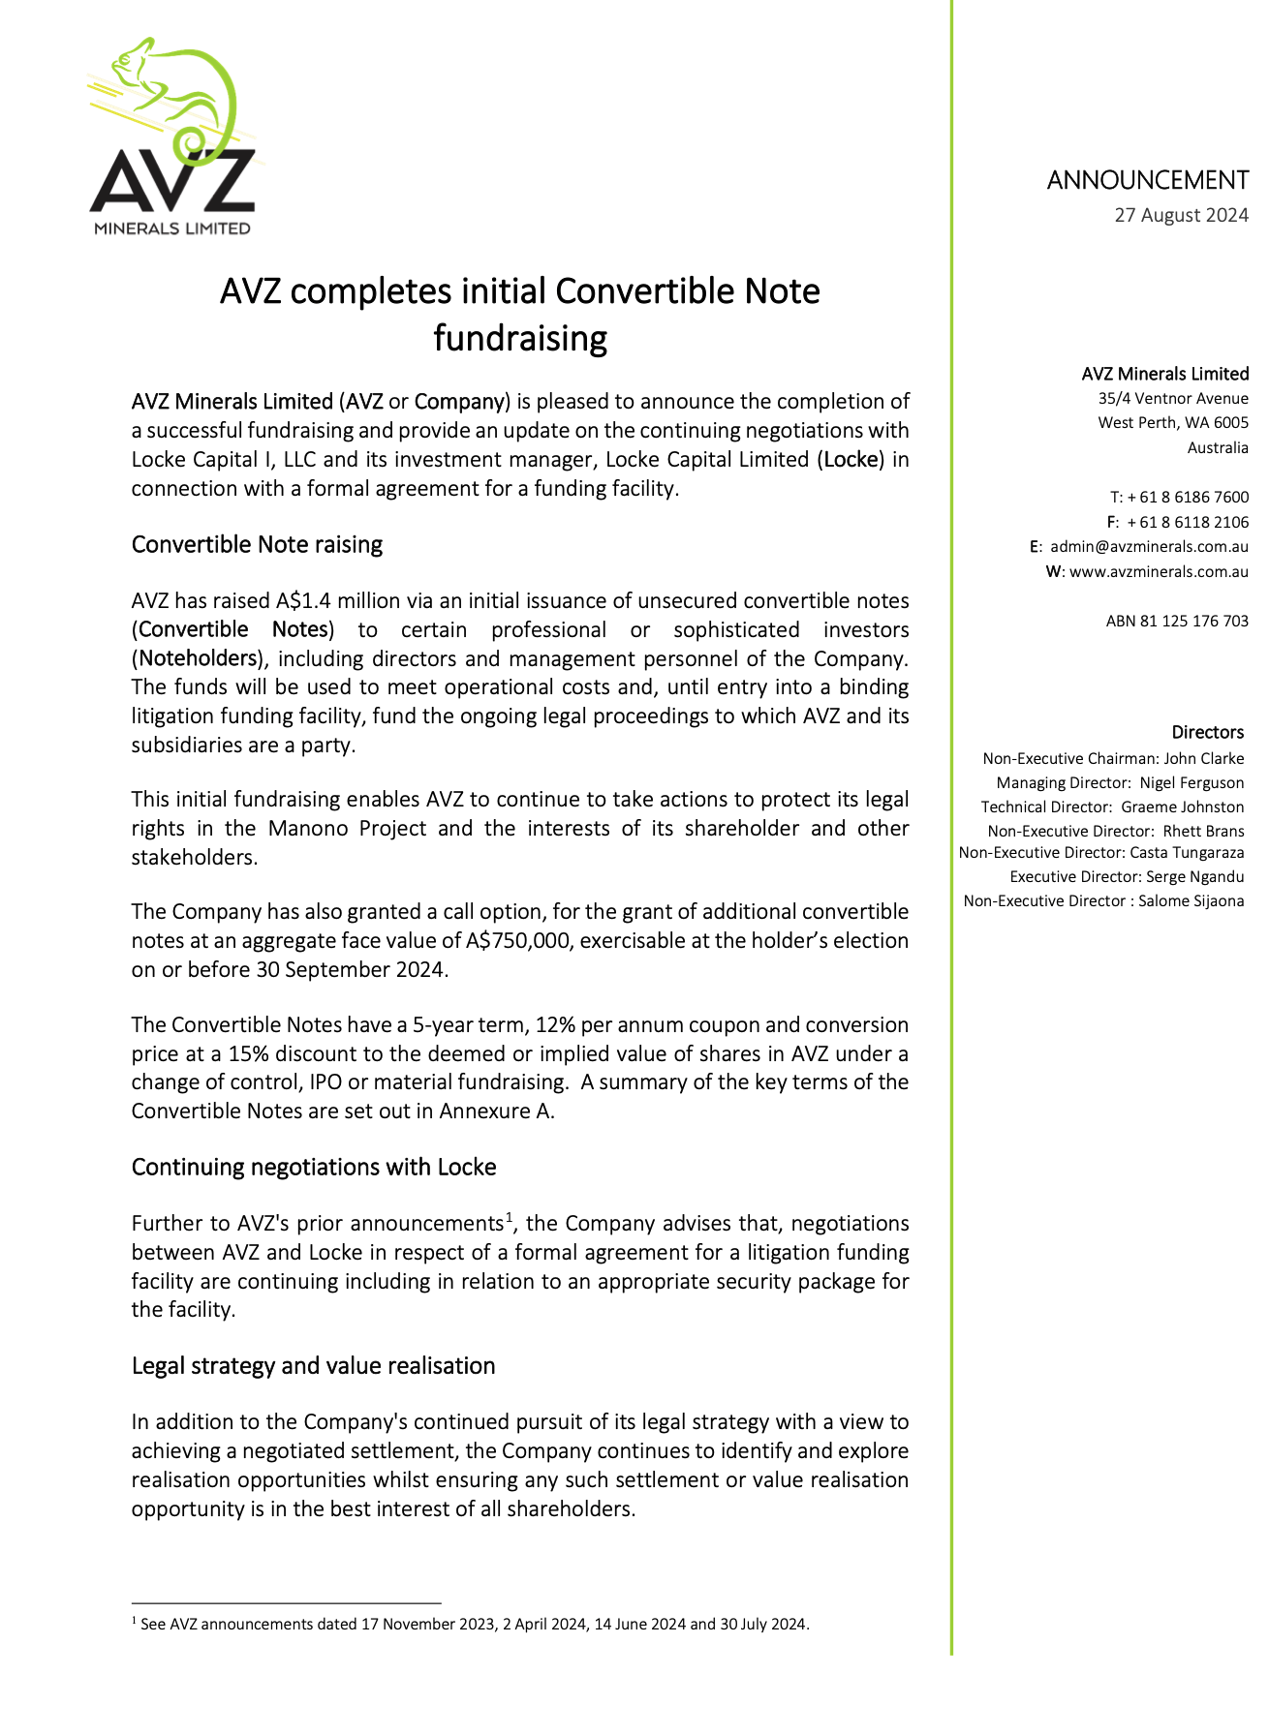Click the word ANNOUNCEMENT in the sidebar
1147,180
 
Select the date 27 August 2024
1181,215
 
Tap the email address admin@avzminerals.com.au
1149,547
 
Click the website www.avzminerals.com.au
1159,572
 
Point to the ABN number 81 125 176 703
1177,622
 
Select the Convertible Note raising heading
257,545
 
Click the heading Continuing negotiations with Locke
313,1168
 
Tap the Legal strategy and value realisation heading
313,1366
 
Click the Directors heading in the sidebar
1207,733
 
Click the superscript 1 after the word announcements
509,1217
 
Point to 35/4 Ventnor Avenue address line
1173,399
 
